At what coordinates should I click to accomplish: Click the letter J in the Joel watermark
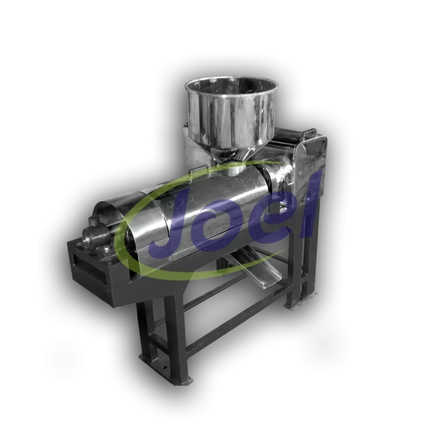point(171,230)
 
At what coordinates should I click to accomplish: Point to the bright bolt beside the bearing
point(106,248)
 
